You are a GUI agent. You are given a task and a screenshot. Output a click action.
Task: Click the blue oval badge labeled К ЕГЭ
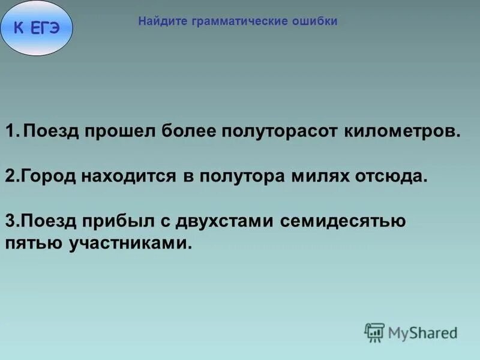37,28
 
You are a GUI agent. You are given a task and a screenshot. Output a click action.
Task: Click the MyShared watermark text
422,332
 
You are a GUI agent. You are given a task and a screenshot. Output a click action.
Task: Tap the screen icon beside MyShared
374,332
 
